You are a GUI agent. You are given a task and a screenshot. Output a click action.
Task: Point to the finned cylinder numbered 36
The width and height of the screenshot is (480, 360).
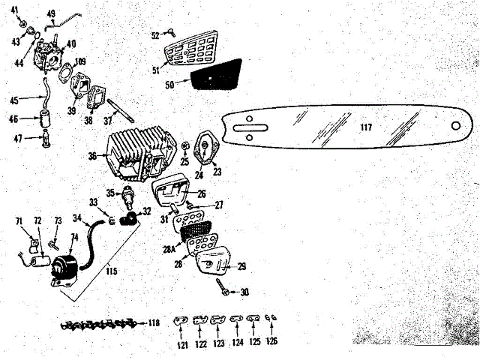pos(139,155)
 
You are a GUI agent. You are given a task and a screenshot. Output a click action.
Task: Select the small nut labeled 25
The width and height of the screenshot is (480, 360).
pos(184,145)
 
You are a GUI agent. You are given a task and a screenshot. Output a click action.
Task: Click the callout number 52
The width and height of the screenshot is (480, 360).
pos(155,35)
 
